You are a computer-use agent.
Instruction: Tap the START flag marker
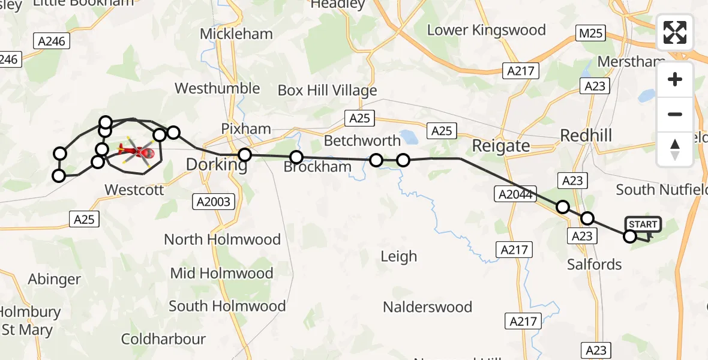pyautogui.click(x=643, y=226)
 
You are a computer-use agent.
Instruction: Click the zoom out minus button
pyautogui.click(x=675, y=115)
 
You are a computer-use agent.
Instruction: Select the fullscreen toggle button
pyautogui.click(x=675, y=32)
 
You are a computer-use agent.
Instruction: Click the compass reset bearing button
pyautogui.click(x=675, y=149)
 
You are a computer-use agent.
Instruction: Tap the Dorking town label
pyautogui.click(x=217, y=164)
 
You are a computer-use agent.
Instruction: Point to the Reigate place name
pyautogui.click(x=501, y=146)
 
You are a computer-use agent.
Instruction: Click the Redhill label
pyautogui.click(x=586, y=136)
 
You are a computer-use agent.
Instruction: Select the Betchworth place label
pyautogui.click(x=362, y=141)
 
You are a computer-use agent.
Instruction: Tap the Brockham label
pyautogui.click(x=317, y=167)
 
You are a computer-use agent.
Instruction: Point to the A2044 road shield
pyautogui.click(x=515, y=193)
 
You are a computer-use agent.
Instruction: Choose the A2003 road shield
pyautogui.click(x=214, y=202)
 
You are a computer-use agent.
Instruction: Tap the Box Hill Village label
pyautogui.click(x=327, y=91)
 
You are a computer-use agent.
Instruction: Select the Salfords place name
pyautogui.click(x=595, y=264)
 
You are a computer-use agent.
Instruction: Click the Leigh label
pyautogui.click(x=398, y=257)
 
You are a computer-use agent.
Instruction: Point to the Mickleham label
pyautogui.click(x=236, y=34)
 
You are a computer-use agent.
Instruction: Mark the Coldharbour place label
pyautogui.click(x=164, y=339)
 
